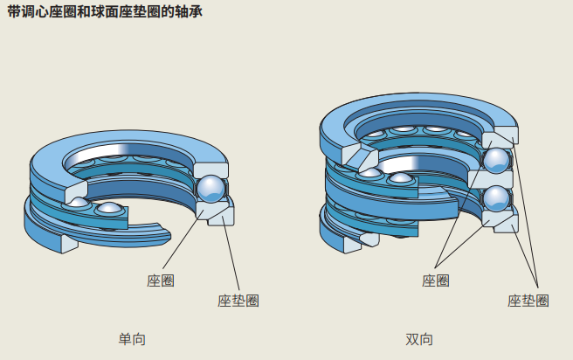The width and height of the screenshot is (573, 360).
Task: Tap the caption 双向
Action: pyautogui.click(x=419, y=339)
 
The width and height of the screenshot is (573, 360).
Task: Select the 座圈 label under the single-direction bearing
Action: pyautogui.click(x=161, y=280)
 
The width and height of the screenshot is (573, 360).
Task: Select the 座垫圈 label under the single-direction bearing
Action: pyautogui.click(x=238, y=301)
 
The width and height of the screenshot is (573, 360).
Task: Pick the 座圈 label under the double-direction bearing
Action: pyautogui.click(x=436, y=280)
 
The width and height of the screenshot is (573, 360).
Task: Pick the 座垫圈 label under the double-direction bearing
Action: pyautogui.click(x=528, y=301)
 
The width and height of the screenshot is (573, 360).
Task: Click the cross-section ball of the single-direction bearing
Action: pyautogui.click(x=211, y=189)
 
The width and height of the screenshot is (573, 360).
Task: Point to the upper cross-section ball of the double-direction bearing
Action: pyautogui.click(x=497, y=161)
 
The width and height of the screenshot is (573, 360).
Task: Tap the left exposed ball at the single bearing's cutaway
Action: pyautogui.click(x=79, y=204)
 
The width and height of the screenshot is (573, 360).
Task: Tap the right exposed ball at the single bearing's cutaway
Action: pyautogui.click(x=109, y=208)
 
